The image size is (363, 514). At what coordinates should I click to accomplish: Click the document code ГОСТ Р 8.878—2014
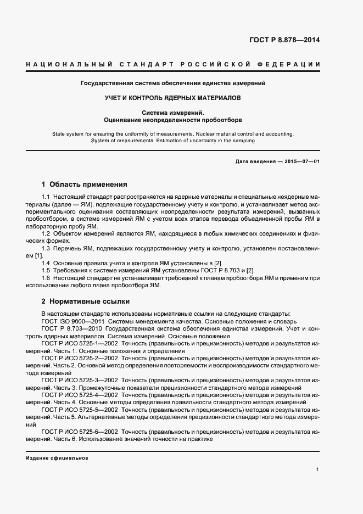(x=284, y=40)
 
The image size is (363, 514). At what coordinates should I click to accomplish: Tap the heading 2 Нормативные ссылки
(x=87, y=301)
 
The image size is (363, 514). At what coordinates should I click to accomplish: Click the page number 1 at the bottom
(x=318, y=470)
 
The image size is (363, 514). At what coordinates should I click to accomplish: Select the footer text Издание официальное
(x=57, y=457)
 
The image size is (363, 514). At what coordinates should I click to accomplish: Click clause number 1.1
(x=46, y=197)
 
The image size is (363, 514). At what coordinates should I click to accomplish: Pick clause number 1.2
(x=46, y=234)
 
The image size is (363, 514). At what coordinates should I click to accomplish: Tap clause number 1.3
(x=46, y=249)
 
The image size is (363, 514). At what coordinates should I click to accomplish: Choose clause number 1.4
(x=46, y=264)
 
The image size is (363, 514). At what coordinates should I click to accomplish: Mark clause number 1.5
(x=46, y=271)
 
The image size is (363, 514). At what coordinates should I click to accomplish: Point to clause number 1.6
(x=46, y=278)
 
